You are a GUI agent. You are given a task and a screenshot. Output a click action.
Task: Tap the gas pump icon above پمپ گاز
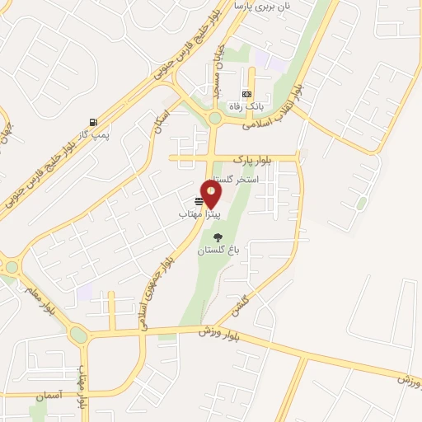tap(91, 120)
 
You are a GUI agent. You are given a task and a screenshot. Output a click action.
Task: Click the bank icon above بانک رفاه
tap(246, 93)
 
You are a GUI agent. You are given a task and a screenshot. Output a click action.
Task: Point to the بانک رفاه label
tap(246, 105)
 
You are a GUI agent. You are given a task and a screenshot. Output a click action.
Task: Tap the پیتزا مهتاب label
tap(197, 213)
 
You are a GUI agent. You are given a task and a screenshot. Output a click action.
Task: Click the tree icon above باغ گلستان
tap(218, 237)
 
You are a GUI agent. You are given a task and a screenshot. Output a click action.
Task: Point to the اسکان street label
tap(162, 121)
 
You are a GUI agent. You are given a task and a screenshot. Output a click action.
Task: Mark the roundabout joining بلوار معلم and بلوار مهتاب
tap(79, 335)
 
